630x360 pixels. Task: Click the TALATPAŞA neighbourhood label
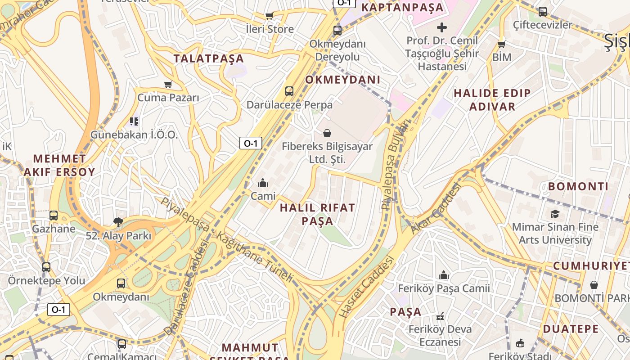click(209, 58)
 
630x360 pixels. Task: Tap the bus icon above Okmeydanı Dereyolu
click(337, 31)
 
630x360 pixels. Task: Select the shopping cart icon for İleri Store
click(269, 16)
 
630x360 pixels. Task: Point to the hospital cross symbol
click(442, 27)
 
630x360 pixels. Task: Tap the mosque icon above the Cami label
click(262, 183)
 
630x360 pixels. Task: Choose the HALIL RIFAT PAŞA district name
click(317, 214)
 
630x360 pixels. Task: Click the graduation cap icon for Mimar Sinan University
click(555, 214)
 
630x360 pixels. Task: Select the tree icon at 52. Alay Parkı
click(119, 222)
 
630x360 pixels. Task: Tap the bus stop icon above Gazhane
click(54, 216)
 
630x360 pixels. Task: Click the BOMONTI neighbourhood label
click(578, 186)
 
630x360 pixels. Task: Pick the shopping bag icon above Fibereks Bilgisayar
click(327, 133)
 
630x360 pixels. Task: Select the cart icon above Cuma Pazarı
click(168, 85)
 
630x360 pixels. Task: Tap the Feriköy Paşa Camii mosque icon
click(444, 275)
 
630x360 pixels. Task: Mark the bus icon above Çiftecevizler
click(543, 12)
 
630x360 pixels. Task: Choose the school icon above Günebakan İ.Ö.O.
click(134, 121)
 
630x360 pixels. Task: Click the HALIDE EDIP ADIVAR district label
click(492, 99)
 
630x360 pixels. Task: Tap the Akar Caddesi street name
click(436, 209)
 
